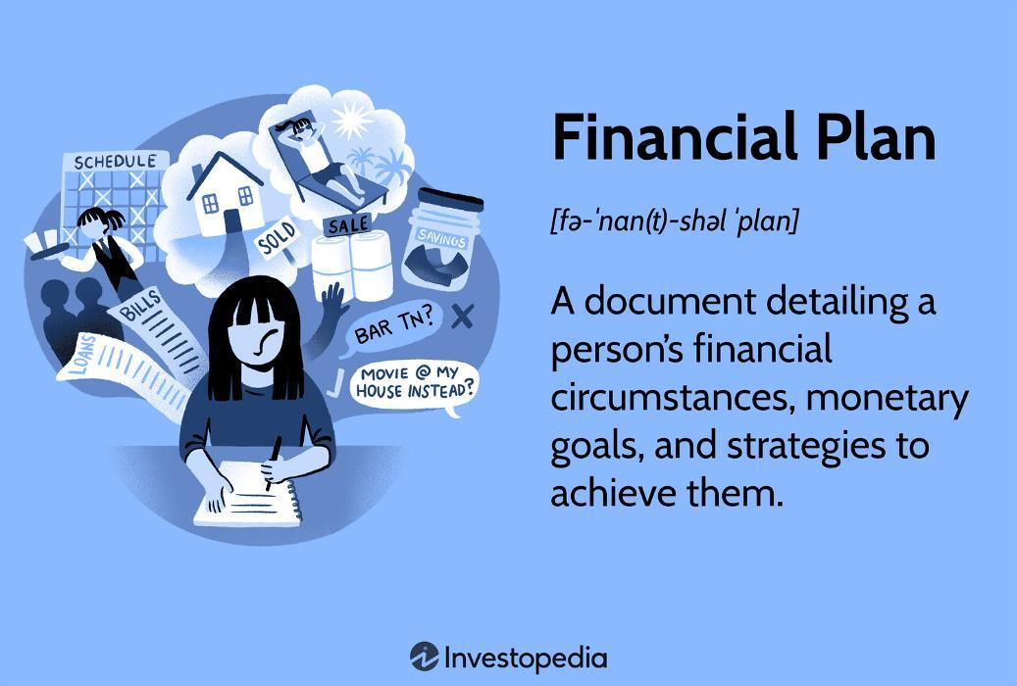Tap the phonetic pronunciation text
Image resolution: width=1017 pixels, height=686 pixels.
pyautogui.click(x=675, y=221)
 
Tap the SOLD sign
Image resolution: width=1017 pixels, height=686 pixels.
pyautogui.click(x=276, y=239)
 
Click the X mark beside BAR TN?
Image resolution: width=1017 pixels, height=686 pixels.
pyautogui.click(x=463, y=315)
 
